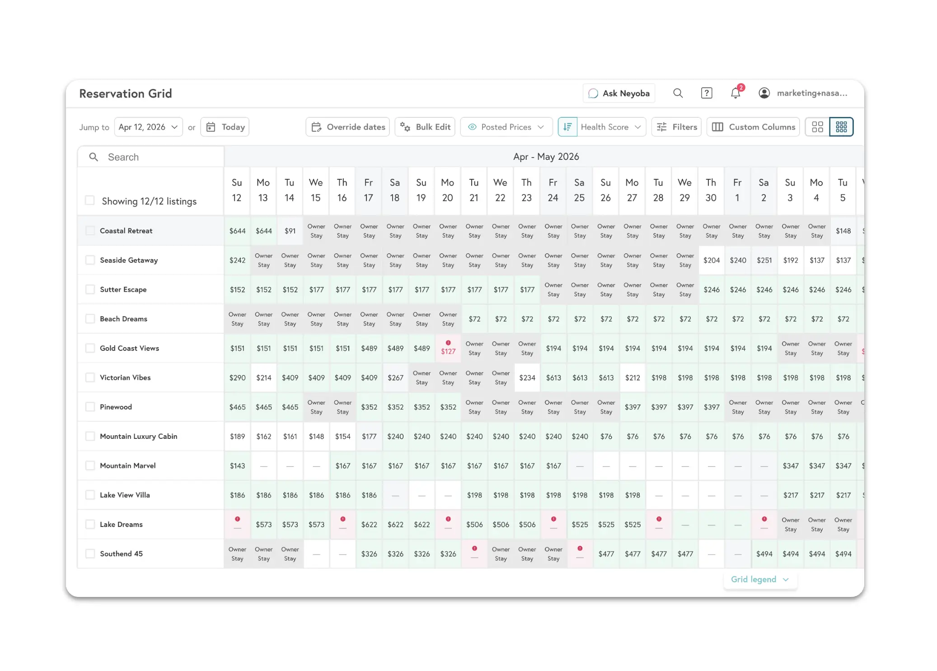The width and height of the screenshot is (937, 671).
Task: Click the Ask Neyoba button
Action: coord(618,93)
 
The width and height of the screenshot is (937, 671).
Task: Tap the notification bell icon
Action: coord(735,93)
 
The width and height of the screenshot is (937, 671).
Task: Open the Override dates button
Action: coord(348,127)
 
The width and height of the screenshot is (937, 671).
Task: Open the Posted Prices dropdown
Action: coord(506,127)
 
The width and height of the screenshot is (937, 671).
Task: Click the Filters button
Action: coord(676,127)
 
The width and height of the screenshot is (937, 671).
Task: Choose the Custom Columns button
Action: coord(753,127)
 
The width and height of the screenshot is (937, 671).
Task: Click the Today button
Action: coord(225,127)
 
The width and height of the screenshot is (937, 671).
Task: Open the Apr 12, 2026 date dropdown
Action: coord(148,127)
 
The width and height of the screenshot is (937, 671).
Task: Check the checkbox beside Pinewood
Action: coord(90,407)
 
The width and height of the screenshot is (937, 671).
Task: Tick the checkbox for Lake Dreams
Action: coord(90,524)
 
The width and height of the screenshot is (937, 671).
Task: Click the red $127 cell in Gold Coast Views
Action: coord(448,351)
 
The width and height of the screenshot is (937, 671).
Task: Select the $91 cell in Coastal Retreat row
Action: coord(290,231)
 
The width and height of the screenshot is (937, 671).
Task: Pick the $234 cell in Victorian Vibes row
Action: coord(527,377)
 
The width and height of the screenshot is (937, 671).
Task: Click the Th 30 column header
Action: coord(711,190)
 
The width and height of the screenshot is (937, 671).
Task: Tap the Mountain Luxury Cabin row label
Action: coord(138,436)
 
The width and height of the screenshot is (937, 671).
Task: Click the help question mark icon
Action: coord(707,93)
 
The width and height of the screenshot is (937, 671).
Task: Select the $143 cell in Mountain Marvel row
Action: coord(237,466)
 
